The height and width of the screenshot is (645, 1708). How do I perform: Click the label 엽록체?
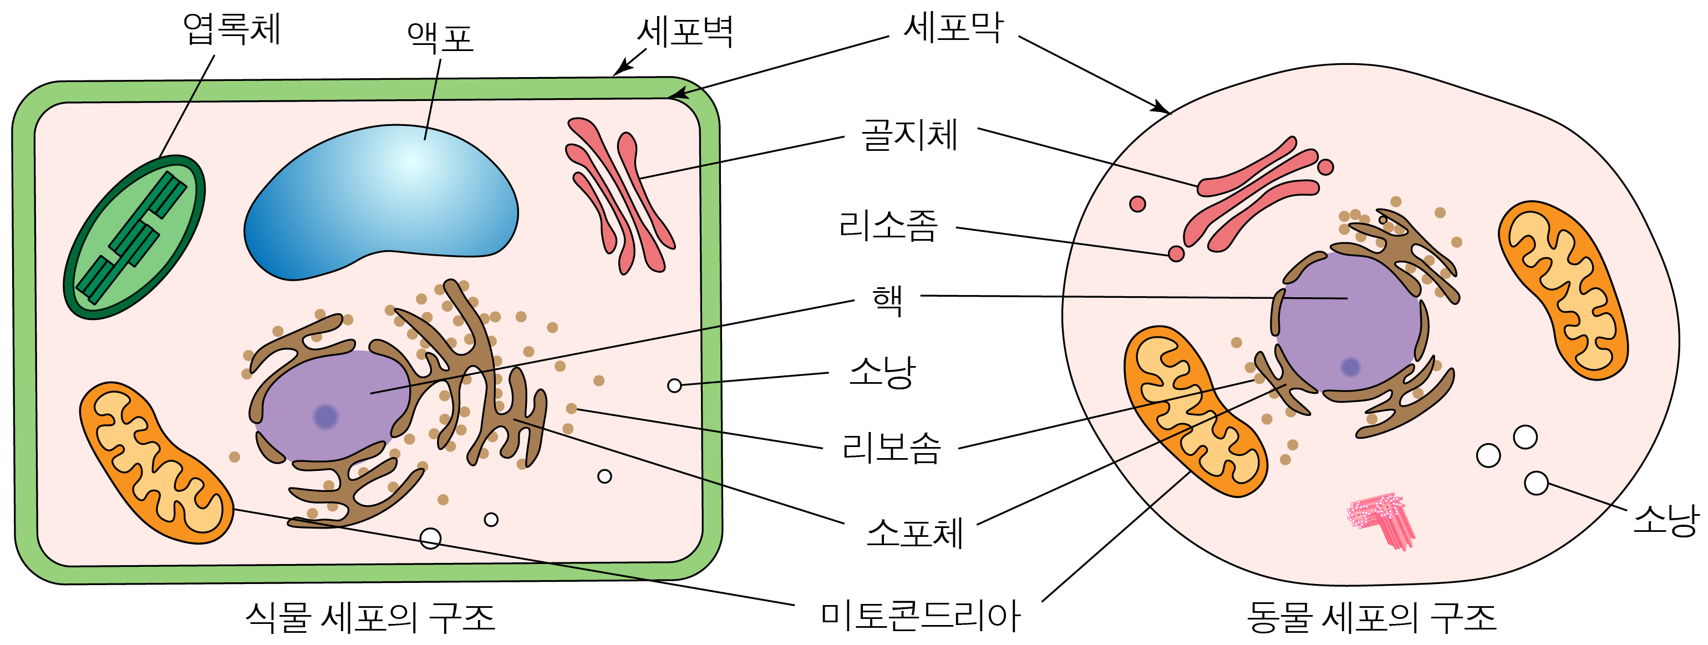pos(232,30)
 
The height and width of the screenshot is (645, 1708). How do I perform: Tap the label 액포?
pos(440,38)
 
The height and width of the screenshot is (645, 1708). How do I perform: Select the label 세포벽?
pos(685,32)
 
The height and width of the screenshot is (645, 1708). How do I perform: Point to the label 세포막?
pos(953,28)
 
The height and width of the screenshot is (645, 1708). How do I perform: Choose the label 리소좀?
pos(888,225)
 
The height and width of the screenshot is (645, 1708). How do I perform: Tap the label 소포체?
pos(914,532)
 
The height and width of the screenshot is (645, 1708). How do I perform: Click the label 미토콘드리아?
pos(921,615)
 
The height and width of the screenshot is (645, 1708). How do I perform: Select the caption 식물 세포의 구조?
pos(370,617)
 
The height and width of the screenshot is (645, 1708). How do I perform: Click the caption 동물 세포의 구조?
pos(1371,617)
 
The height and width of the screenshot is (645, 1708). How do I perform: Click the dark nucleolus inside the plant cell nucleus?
pos(326,417)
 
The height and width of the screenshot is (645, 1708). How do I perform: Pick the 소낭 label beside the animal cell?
pos(1665,520)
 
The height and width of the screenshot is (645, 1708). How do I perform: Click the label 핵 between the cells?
pos(887,300)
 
